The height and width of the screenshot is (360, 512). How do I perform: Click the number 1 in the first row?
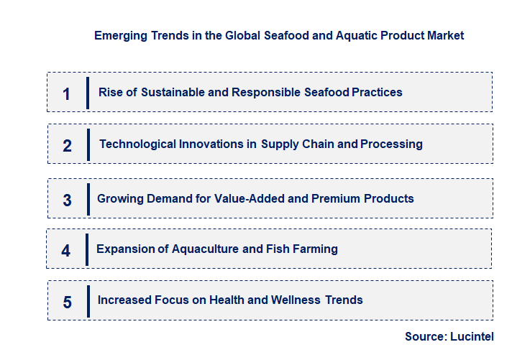pos(67,93)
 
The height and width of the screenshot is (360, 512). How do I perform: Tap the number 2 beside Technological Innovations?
pos(68,146)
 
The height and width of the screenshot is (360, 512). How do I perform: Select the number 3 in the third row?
pos(68,200)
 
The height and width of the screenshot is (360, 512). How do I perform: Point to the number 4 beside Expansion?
pos(66,251)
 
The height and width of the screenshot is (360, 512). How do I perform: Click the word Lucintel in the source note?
pos(472,336)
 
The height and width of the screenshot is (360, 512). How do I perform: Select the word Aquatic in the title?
pos(356,34)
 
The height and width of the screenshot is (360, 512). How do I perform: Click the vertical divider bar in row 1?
pos(88,93)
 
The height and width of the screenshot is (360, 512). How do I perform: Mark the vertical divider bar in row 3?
pos(88,198)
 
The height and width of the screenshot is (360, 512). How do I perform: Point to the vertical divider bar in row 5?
pos(88,300)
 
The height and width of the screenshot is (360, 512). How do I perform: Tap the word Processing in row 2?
pos(391,144)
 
